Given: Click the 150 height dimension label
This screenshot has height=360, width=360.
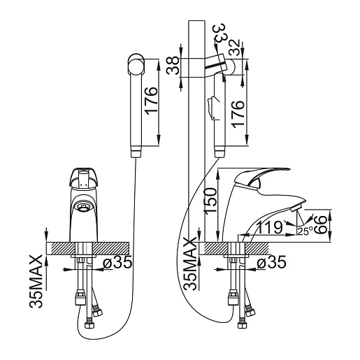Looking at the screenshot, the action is pyautogui.click(x=210, y=201).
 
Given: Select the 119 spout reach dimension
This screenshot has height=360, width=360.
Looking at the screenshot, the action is pyautogui.click(x=270, y=227).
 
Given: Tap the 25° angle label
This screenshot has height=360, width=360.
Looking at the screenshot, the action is pyautogui.click(x=305, y=231).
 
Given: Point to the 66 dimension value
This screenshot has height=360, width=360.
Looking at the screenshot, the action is pyautogui.click(x=320, y=224).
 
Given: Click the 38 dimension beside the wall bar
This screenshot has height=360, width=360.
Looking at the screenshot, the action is pyautogui.click(x=173, y=66).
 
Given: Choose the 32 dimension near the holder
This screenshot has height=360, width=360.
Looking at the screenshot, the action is pyautogui.click(x=234, y=48).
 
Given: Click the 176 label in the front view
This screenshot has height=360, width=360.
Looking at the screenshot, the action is pyautogui.click(x=151, y=101).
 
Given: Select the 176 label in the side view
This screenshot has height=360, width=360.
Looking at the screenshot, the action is pyautogui.click(x=238, y=114).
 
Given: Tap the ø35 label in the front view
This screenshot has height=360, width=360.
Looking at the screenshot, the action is pyautogui.click(x=117, y=262).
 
